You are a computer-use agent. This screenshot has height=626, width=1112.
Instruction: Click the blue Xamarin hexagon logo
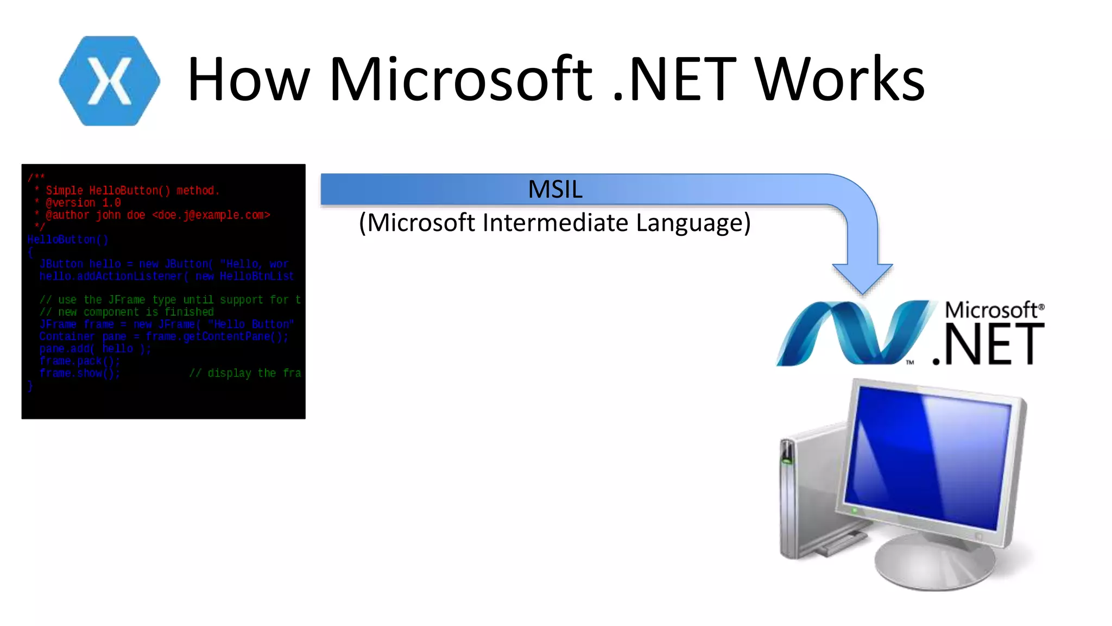[109, 81]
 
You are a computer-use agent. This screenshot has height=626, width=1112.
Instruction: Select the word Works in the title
[840, 79]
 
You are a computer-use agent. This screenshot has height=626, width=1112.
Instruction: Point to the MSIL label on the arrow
[555, 189]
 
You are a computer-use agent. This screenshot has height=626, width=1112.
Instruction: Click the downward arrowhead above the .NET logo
[862, 277]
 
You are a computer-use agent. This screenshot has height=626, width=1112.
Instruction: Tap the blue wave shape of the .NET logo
[852, 333]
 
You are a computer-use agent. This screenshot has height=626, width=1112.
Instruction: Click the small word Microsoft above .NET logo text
[991, 310]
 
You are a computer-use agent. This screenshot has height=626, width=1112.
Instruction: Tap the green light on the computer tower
[786, 461]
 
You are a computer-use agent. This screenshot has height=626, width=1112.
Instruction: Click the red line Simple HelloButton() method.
[132, 191]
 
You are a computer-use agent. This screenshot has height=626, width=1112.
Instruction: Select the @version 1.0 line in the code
[83, 203]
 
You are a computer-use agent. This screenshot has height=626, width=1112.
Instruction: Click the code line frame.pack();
[79, 361]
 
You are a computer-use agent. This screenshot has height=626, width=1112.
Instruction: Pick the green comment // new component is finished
[127, 312]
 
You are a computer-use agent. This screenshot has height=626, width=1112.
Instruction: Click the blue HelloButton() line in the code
[68, 240]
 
